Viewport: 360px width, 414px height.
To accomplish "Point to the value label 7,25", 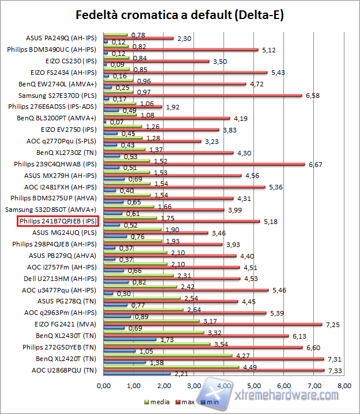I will pyautogui.click(x=332, y=325).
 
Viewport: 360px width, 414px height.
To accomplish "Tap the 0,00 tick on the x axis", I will pyautogui.click(x=104, y=385).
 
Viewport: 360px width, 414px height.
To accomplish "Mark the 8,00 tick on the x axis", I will pyautogui.click(x=344, y=385).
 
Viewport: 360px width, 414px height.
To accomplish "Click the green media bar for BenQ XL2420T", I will pyautogui.click(x=168, y=356).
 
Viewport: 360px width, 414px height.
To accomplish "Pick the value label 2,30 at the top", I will pyautogui.click(x=183, y=38).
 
